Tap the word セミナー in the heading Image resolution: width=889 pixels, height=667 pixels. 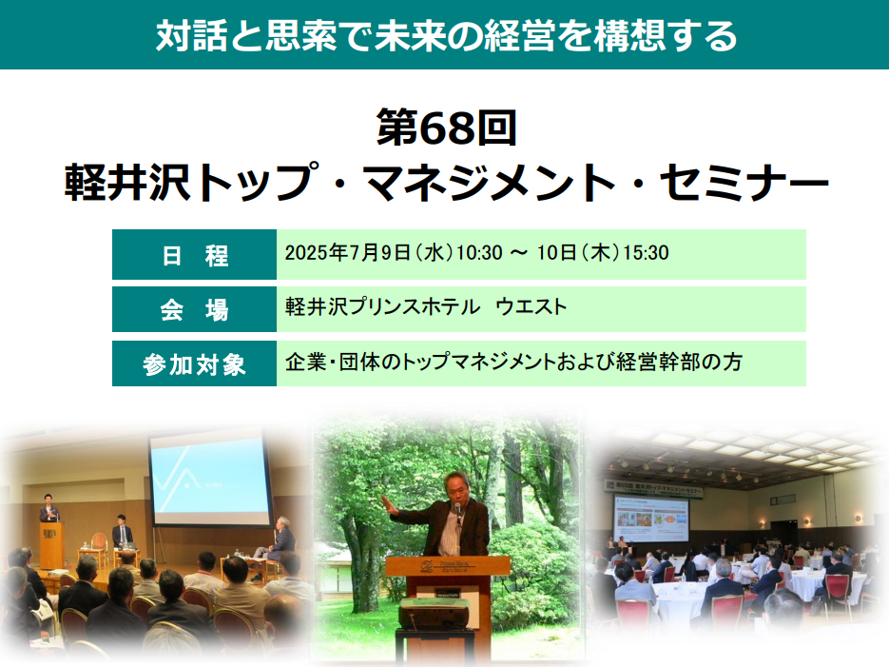[x=744, y=183]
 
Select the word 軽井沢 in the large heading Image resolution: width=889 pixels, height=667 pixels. [x=127, y=183]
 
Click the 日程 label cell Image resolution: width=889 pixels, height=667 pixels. [x=195, y=255]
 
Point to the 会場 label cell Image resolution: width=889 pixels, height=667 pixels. [x=195, y=309]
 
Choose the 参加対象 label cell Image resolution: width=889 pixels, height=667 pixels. [x=195, y=363]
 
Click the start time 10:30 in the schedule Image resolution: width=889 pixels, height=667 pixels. [x=479, y=253]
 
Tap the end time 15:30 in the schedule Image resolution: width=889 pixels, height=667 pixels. [x=646, y=253]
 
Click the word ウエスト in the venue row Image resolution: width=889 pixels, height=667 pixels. [x=531, y=306]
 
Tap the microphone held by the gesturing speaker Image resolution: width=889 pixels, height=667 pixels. [x=457, y=511]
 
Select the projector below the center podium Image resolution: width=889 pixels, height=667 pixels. [x=434, y=614]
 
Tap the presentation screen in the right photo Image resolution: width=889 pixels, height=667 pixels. [x=651, y=519]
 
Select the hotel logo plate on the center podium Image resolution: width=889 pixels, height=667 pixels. [x=447, y=565]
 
